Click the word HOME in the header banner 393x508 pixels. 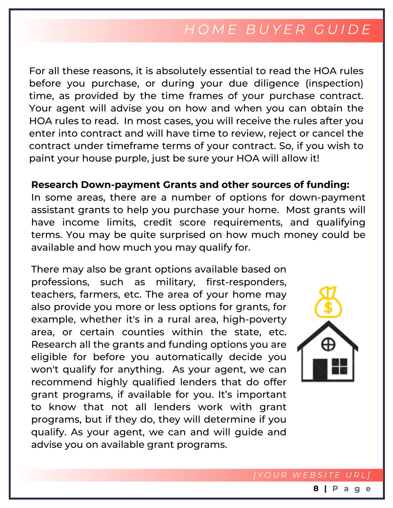coord(211,29)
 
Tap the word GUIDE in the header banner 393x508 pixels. coord(343,29)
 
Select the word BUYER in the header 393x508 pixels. coord(276,29)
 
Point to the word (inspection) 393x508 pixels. coord(334,83)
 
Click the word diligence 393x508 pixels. coord(276,83)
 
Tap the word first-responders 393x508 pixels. coord(246,282)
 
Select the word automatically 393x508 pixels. coord(189,357)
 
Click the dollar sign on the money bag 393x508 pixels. coord(328,308)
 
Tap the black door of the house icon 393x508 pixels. coord(320,369)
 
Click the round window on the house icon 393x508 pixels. coord(328,344)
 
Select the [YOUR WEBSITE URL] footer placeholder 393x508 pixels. coord(311,475)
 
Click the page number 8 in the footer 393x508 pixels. coord(316,489)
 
